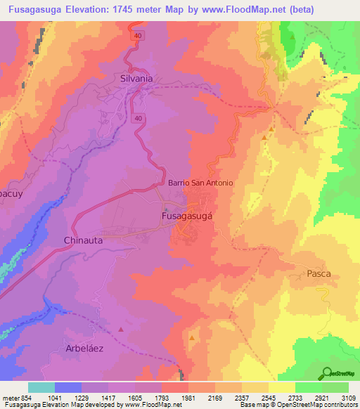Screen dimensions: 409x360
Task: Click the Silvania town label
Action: tap(136, 79)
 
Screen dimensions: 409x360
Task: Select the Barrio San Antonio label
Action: tap(200, 183)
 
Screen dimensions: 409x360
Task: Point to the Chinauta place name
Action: tap(84, 240)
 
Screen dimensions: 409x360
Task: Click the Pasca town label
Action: tap(318, 273)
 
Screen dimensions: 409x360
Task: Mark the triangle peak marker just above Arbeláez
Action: tap(122, 329)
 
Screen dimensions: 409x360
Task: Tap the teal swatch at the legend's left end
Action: tap(41, 387)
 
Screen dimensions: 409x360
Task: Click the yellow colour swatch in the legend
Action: tap(281, 387)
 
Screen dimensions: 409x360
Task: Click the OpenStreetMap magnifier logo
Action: tap(326, 373)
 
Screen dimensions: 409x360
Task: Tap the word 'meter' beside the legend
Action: tap(11, 398)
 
